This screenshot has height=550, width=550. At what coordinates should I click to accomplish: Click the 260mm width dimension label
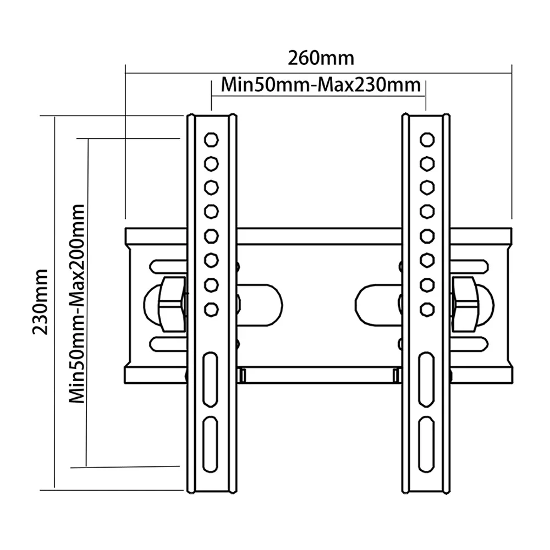(x=321, y=57)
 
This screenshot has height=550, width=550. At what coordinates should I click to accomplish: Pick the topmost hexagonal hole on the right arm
(x=426, y=139)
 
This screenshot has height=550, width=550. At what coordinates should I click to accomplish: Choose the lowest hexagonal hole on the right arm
(x=426, y=309)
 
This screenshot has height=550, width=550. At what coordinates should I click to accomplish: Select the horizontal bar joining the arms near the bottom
(x=319, y=375)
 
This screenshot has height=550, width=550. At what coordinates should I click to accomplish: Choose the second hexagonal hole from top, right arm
(x=426, y=163)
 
